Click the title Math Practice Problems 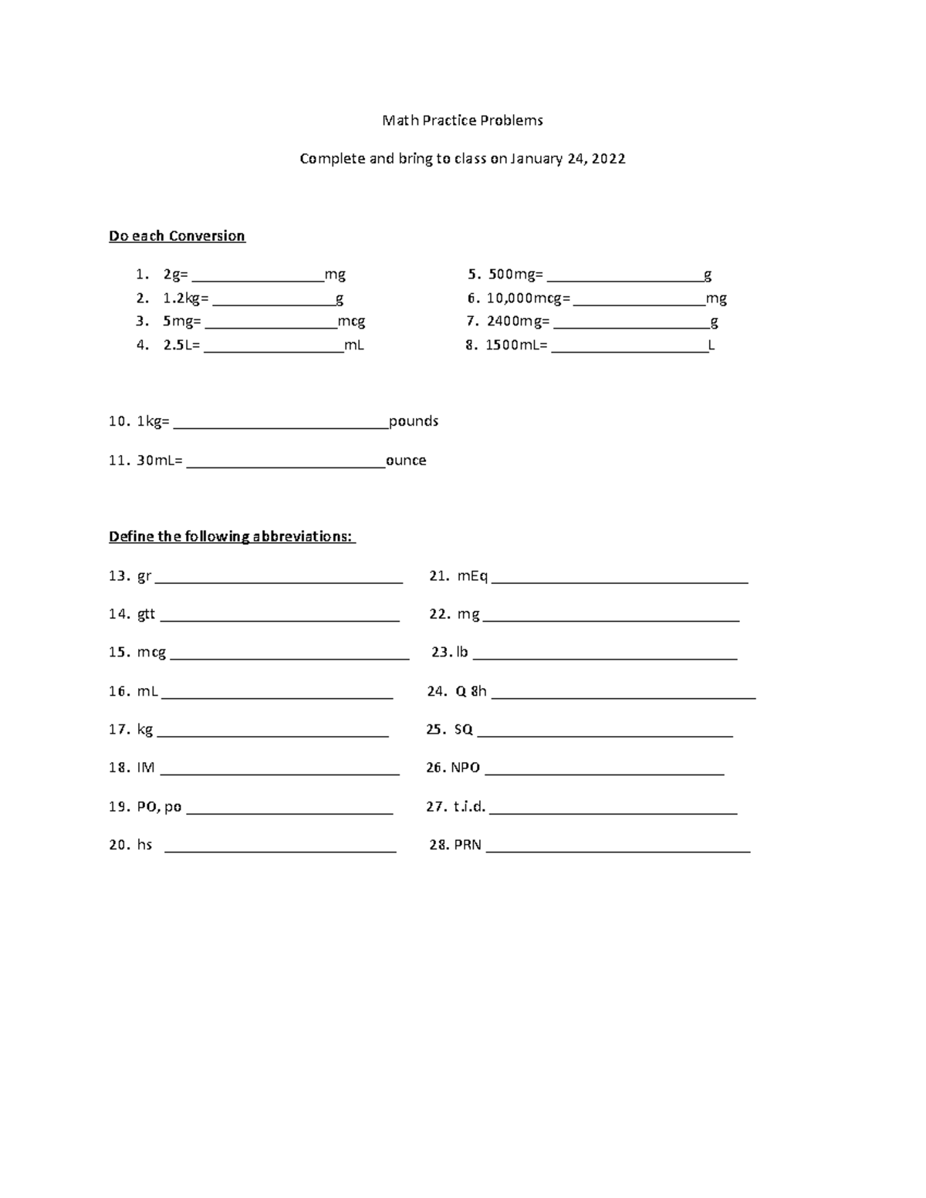[x=462, y=120]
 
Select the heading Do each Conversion [x=177, y=236]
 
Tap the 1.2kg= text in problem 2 [x=185, y=299]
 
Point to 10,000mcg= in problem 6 [x=529, y=299]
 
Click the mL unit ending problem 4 [x=353, y=345]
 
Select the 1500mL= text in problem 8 [x=515, y=345]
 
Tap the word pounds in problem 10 [x=414, y=421]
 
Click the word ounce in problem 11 [x=406, y=461]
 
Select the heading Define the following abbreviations [x=231, y=537]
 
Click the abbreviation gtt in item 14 [x=146, y=614]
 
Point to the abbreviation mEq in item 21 [x=472, y=575]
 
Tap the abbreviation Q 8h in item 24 [x=471, y=691]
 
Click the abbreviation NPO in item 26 [x=465, y=768]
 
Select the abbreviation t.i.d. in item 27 [x=469, y=807]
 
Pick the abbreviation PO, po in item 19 [x=159, y=807]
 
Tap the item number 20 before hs [x=119, y=845]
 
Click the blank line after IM [x=279, y=771]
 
